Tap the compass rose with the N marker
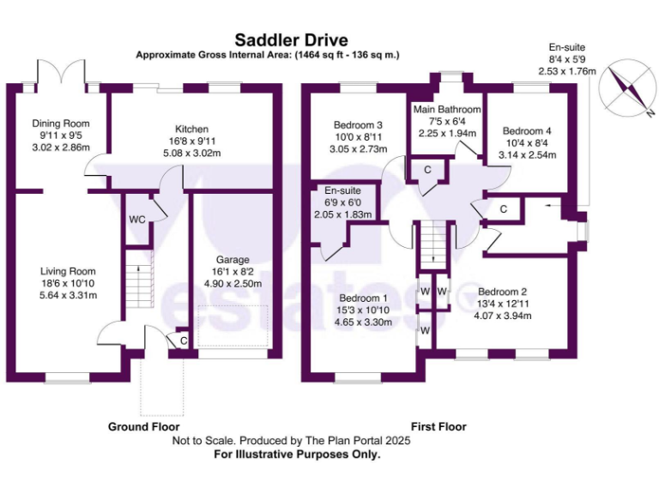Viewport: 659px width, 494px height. click(628, 91)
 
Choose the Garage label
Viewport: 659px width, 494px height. click(232, 260)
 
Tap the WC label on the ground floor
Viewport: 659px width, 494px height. click(136, 220)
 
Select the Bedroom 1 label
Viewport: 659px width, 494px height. click(363, 299)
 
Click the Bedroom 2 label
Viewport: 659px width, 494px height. click(502, 291)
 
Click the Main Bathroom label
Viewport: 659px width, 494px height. click(445, 110)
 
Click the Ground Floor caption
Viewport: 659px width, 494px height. click(143, 426)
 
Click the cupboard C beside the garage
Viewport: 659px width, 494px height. click(183, 340)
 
